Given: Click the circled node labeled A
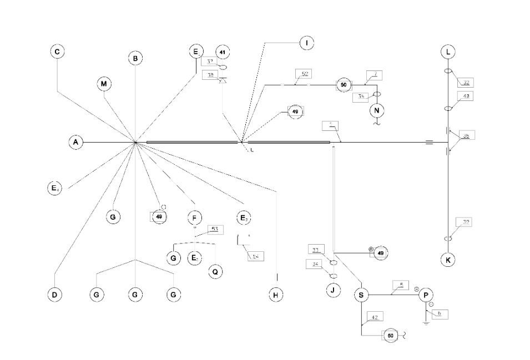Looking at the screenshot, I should pos(77,143).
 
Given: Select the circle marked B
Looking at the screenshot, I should pos(135,58).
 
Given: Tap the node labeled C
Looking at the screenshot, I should pos(57,52).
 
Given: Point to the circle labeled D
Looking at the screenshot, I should pos(54,295).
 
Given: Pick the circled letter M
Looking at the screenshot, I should pos(104,84).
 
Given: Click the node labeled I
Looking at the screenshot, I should pos(306,43).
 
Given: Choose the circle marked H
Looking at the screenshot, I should pos(276,295).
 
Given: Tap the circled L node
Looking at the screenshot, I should pos(448,52).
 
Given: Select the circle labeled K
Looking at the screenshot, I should pos(448,259).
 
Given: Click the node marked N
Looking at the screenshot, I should pos(377,111).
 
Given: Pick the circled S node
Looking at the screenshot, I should pos(361,295).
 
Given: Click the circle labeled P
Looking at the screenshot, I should pos(426,295).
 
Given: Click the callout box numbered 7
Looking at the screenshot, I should pos(375,74).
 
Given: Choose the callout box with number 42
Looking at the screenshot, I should pos(375,317).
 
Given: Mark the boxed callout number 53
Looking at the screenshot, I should pos(215,229).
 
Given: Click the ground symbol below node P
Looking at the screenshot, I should pos(426,322).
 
